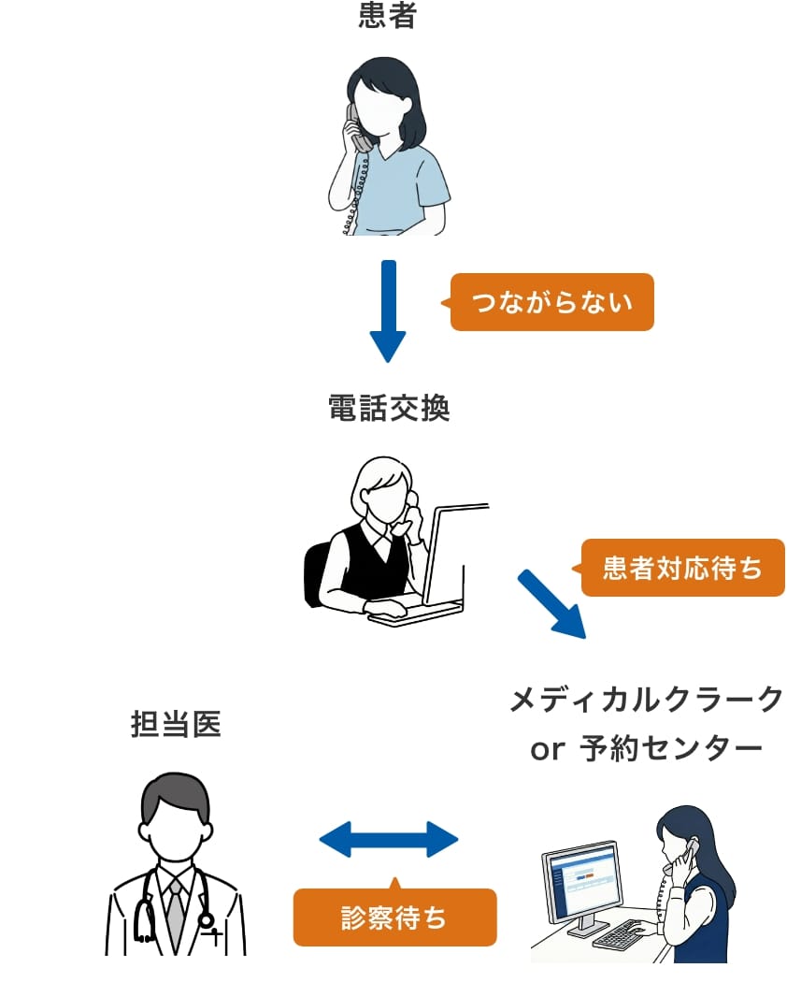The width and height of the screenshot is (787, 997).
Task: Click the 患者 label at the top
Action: pyautogui.click(x=387, y=17)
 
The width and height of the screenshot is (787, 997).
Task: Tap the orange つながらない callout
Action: pyautogui.click(x=551, y=302)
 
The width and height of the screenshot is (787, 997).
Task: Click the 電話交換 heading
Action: pyautogui.click(x=389, y=409)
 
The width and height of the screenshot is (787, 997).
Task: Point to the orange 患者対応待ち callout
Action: pyautogui.click(x=682, y=568)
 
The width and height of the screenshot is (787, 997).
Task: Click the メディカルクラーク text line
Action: pyautogui.click(x=646, y=701)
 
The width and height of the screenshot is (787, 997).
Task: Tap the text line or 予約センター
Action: pyautogui.click(x=646, y=749)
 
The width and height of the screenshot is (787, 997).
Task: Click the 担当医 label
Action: pyautogui.click(x=176, y=725)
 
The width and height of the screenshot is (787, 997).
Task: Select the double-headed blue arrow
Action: pyautogui.click(x=389, y=839)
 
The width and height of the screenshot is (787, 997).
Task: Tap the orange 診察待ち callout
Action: pyautogui.click(x=394, y=918)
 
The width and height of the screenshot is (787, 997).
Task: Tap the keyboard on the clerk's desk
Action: pyautogui.click(x=627, y=933)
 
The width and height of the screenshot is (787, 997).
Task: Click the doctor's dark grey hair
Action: pyautogui.click(x=176, y=795)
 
